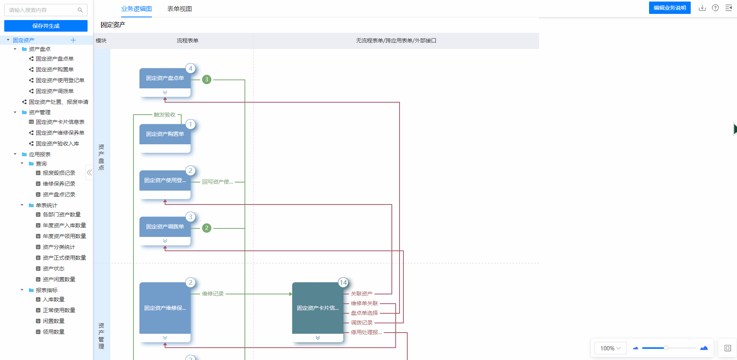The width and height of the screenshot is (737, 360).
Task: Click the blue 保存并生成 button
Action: point(46,26)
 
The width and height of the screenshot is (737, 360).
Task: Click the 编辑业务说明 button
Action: point(670,8)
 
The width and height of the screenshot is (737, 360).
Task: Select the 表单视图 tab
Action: point(180,9)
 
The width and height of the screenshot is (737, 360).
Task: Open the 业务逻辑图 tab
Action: point(137,9)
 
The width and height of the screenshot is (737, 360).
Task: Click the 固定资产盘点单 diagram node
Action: point(165,82)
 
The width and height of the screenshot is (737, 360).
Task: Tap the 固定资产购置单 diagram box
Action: point(165,138)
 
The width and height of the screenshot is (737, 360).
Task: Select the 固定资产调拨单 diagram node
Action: point(165,231)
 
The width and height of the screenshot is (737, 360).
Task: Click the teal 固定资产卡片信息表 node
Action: point(318,312)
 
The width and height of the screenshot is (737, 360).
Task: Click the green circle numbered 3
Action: point(207,79)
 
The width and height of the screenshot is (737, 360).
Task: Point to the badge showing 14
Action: point(343,282)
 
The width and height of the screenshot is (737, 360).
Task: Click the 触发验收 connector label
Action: point(165,115)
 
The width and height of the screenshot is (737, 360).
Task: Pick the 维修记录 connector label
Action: point(213,294)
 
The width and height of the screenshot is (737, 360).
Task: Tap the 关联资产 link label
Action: point(362,294)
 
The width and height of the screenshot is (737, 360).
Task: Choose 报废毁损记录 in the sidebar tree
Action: point(59,173)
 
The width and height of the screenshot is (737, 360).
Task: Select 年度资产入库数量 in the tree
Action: point(64,225)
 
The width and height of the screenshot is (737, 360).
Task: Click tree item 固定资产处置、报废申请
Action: point(59,102)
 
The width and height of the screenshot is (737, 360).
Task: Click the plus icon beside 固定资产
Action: point(73,40)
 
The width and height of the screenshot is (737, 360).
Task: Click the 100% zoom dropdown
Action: point(611,348)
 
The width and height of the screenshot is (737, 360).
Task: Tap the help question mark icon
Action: point(715,8)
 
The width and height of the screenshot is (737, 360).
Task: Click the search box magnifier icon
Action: point(80,10)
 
